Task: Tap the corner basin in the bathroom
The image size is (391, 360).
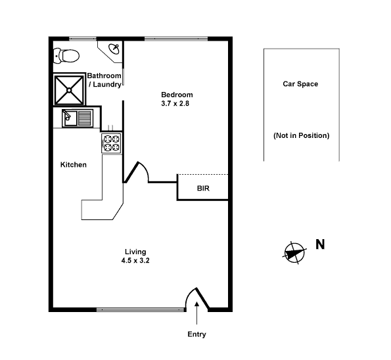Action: tap(114, 49)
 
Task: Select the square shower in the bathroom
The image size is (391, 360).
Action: tap(69, 89)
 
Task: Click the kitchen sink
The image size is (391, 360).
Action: tap(78, 118)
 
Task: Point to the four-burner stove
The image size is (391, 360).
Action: tap(111, 143)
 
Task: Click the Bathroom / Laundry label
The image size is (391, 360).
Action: tap(104, 80)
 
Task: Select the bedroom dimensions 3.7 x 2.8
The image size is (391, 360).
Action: tap(177, 103)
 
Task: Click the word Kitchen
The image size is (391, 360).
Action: tap(74, 165)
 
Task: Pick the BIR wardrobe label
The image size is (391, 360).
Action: tap(203, 189)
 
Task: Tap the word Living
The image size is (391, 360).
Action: tap(135, 252)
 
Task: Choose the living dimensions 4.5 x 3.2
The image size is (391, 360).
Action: tap(135, 261)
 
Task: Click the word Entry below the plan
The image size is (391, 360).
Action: tap(196, 334)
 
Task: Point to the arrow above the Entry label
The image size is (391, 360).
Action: tap(196, 320)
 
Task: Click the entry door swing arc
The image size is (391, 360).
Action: tap(194, 297)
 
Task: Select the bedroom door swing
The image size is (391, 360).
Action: tap(139, 172)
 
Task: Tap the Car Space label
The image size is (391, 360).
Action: tap(300, 84)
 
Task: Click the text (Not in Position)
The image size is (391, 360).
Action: tap(301, 135)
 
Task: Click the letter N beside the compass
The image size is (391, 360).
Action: tap(320, 245)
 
